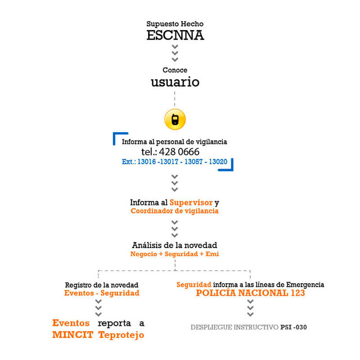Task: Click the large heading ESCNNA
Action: tap(175, 36)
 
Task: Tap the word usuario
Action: tap(175, 82)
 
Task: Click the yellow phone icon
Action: tap(175, 119)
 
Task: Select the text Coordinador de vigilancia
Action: tap(175, 211)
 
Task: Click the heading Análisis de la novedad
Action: tap(175, 245)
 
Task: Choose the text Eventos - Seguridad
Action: tap(102, 293)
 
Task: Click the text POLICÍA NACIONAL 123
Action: tap(250, 293)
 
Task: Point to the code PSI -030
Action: tap(293, 327)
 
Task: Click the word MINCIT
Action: tap(73, 335)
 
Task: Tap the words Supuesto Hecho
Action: tap(175, 23)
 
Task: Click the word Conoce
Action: tap(175, 70)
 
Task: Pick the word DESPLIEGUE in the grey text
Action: tap(211, 327)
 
